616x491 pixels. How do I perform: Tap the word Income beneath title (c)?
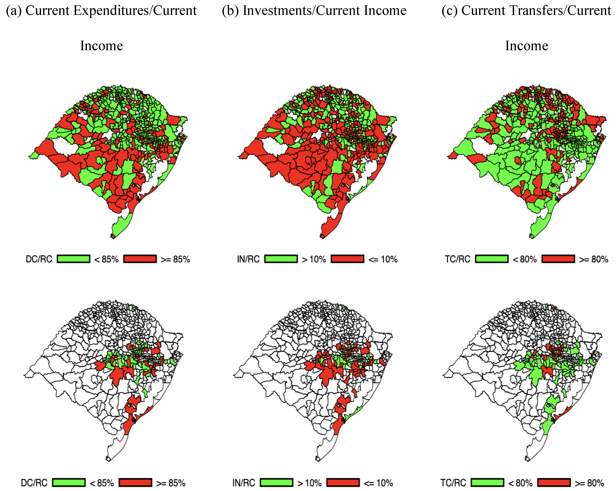[527, 46]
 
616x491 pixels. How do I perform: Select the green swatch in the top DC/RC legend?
[73, 259]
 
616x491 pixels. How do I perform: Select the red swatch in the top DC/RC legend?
[140, 259]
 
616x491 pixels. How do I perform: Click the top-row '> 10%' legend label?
[314, 259]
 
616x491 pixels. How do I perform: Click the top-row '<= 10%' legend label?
[383, 259]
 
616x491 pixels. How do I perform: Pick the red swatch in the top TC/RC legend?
[558, 259]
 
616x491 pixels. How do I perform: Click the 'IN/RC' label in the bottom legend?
[243, 483]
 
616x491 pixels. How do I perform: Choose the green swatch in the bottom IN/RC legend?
[276, 483]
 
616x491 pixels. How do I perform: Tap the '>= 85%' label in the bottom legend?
[171, 483]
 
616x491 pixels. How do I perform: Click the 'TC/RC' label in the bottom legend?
[453, 483]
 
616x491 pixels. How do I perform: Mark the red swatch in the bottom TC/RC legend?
[554, 483]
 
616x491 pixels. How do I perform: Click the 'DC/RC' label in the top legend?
[39, 259]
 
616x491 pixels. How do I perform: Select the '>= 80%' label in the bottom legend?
[589, 483]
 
